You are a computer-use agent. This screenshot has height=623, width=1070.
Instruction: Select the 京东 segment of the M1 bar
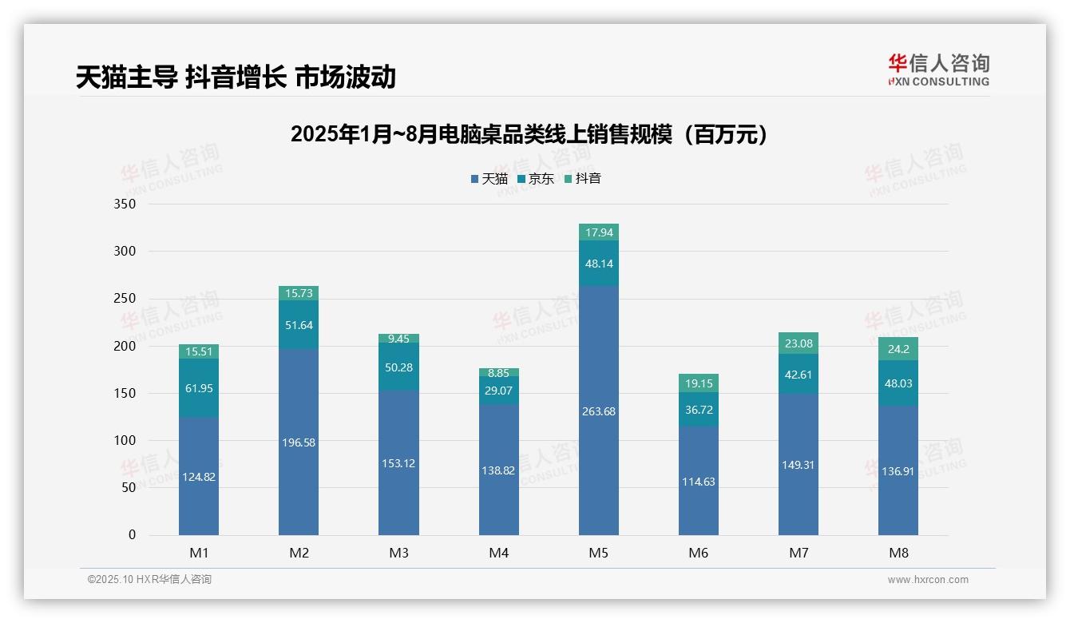(199, 388)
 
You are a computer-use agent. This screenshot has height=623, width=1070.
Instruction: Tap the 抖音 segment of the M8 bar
(898, 349)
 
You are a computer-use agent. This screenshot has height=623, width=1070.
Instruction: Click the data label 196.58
(299, 442)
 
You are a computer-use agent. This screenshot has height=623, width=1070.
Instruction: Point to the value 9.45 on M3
(398, 339)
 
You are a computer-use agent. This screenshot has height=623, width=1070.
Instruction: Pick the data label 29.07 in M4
(499, 390)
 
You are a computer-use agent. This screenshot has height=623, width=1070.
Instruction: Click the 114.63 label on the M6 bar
(699, 482)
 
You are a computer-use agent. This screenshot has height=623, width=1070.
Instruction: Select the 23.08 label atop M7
(799, 344)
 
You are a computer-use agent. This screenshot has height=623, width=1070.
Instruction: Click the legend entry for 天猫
(489, 179)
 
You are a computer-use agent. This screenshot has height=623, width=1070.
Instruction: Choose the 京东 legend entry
(536, 179)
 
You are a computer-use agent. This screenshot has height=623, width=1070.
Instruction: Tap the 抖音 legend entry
(582, 179)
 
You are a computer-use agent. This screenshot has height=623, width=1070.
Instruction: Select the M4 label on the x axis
(499, 553)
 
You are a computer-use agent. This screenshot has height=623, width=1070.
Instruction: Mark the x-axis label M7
(799, 553)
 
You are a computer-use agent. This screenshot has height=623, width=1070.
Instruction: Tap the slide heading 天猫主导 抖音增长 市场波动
(236, 77)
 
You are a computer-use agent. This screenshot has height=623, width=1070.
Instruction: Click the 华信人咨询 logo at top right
(938, 69)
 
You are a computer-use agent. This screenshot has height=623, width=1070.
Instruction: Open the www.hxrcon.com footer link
(928, 580)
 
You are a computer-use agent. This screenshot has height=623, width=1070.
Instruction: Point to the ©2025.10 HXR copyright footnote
(149, 580)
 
